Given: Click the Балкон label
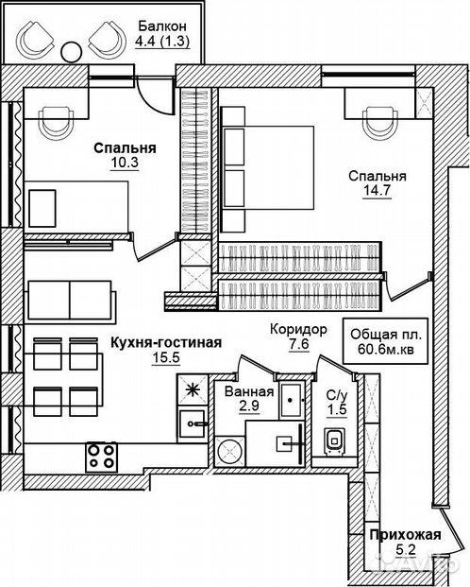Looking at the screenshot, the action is coord(162,26).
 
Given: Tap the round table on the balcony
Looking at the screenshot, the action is coord(71,52).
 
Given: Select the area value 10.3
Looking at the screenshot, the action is coord(125,163).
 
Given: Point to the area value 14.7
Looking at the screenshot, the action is coord(377,190).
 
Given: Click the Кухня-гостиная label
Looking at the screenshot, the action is coord(166,342).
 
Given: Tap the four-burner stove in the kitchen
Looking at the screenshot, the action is coord(101,457).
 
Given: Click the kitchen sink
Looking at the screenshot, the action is coord(193,423).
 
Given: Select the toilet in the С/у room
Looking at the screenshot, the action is coord(334,441).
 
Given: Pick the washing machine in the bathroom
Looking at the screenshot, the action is coord(230,451).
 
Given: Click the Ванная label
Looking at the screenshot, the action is coord(249,392).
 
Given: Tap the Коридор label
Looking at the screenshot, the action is coord(298,330).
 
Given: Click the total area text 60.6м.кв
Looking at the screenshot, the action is coord(386,349).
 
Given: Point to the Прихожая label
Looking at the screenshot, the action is coord(405,535).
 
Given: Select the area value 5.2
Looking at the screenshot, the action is coord(405,550).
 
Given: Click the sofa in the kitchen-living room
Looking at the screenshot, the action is coord(70,300).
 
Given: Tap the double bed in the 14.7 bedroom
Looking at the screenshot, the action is coord(268,167).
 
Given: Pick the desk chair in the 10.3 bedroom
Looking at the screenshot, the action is coord(56,122).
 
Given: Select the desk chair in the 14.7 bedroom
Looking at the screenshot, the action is coord(380,122).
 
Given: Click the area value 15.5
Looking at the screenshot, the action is coord(166,357).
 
